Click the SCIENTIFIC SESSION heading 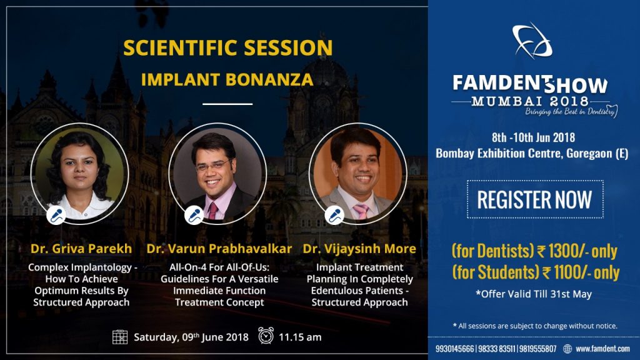tap(227, 47)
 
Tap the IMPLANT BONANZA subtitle tap(227, 79)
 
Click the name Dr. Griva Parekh tap(81, 249)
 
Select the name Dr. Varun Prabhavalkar tap(219, 249)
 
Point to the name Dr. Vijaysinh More tap(359, 249)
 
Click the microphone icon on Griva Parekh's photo tap(56, 215)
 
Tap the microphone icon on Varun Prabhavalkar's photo tap(194, 215)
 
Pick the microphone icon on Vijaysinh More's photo tap(335, 215)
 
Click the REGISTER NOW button tap(535, 199)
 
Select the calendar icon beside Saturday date tap(120, 337)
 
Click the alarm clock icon tap(266, 336)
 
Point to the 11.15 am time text tap(300, 337)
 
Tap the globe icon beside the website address tap(567, 349)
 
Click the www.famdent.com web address tap(602, 349)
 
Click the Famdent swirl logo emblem tap(532, 40)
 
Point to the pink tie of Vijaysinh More tap(361, 211)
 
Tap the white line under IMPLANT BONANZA tap(227, 104)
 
